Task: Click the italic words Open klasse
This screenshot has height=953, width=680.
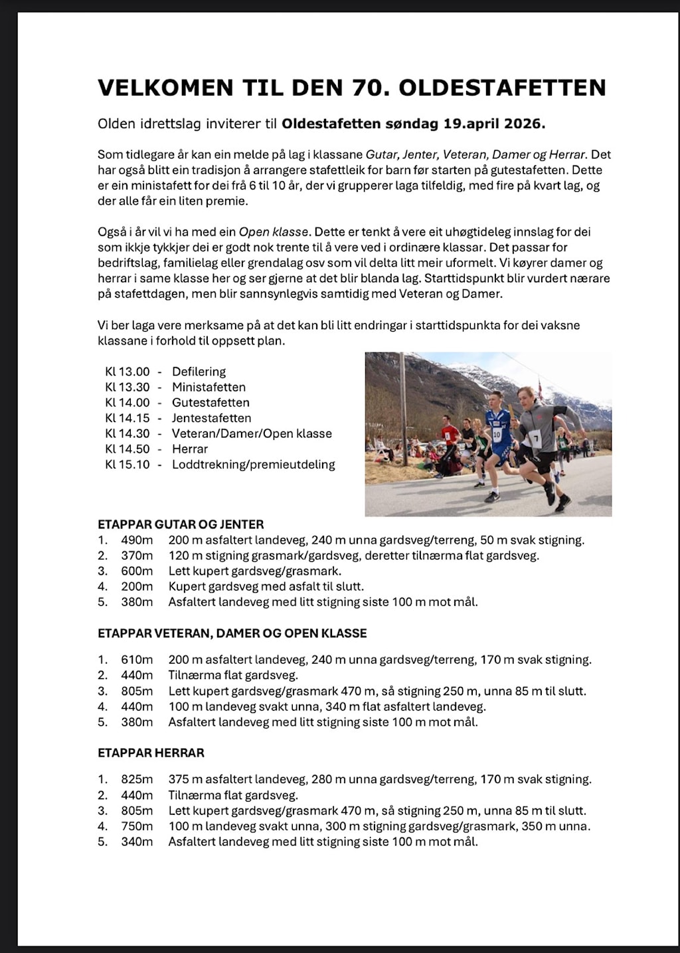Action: click(273, 232)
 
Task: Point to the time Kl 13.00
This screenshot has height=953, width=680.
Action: click(127, 372)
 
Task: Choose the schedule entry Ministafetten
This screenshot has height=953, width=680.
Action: click(209, 387)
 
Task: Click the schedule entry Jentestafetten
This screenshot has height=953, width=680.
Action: click(211, 418)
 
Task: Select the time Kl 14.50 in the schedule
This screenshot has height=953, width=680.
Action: click(127, 449)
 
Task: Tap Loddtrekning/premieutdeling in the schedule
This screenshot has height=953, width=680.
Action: click(253, 465)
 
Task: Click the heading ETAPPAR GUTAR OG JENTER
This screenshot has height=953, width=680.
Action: click(181, 524)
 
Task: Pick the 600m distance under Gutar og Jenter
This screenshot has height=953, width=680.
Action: click(137, 571)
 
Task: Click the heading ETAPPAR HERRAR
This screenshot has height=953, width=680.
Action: click(151, 753)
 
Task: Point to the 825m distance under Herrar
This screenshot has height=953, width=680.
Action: click(137, 780)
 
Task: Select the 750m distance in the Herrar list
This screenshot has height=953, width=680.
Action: click(137, 826)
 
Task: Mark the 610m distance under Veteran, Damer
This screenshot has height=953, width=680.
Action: click(137, 660)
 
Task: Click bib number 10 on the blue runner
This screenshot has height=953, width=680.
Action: click(496, 435)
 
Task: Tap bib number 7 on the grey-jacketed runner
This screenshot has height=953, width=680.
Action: click(535, 439)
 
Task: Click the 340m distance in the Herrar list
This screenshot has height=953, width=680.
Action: click(137, 842)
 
